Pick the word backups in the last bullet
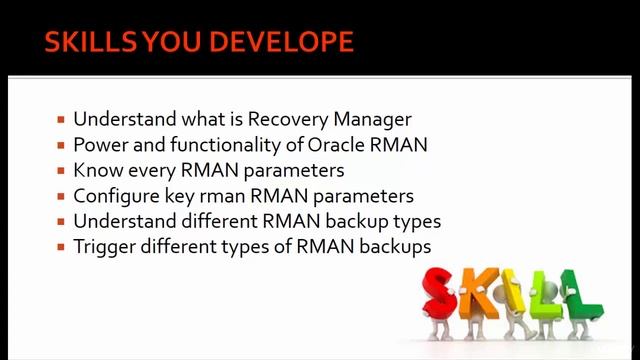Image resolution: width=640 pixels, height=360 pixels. point(395,247)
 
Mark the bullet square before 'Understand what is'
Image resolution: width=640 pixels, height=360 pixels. point(61,121)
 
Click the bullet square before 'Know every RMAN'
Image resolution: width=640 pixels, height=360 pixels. point(61,171)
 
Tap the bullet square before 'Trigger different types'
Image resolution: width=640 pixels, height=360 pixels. point(61,247)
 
